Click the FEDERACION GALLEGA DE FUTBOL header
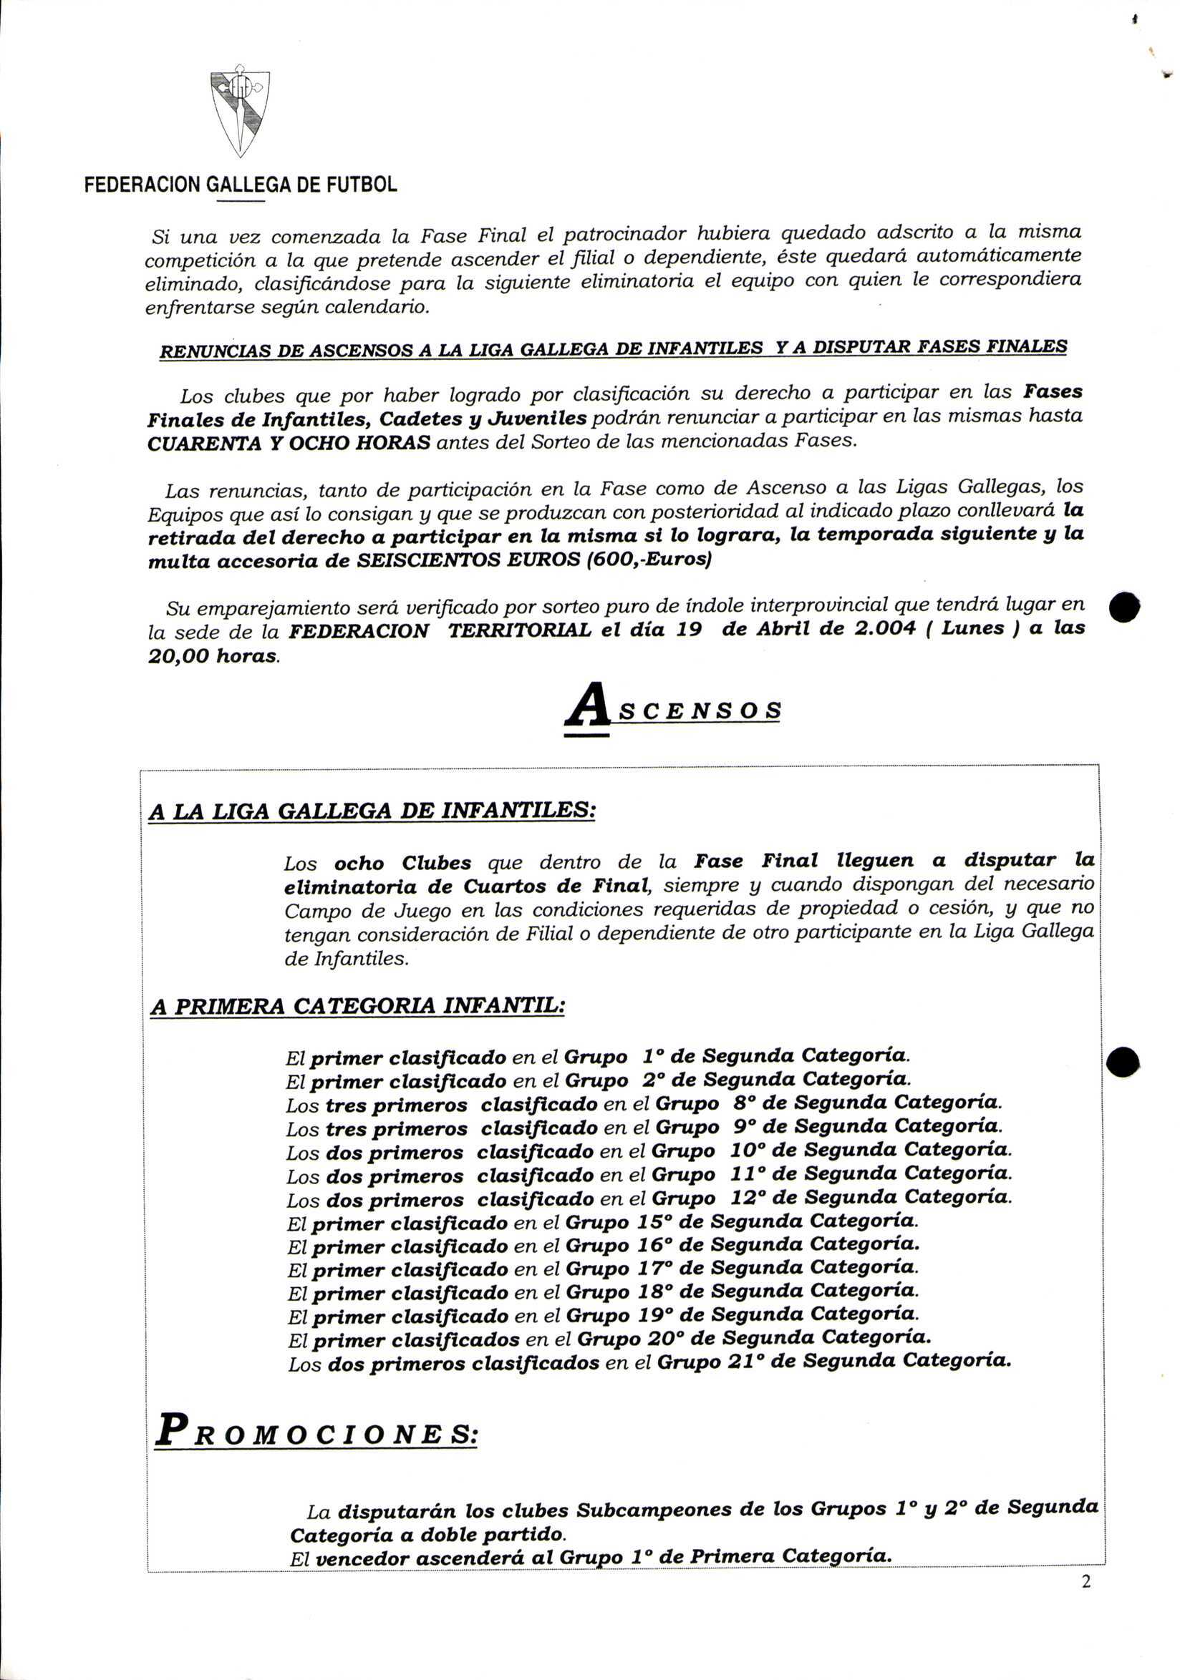[x=241, y=185]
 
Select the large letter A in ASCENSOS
[x=588, y=705]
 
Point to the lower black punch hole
[x=1122, y=1061]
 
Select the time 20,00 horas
[x=213, y=655]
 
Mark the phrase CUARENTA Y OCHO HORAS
[x=289, y=444]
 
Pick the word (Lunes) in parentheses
[x=973, y=628]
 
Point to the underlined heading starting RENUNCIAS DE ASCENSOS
[x=613, y=348]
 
